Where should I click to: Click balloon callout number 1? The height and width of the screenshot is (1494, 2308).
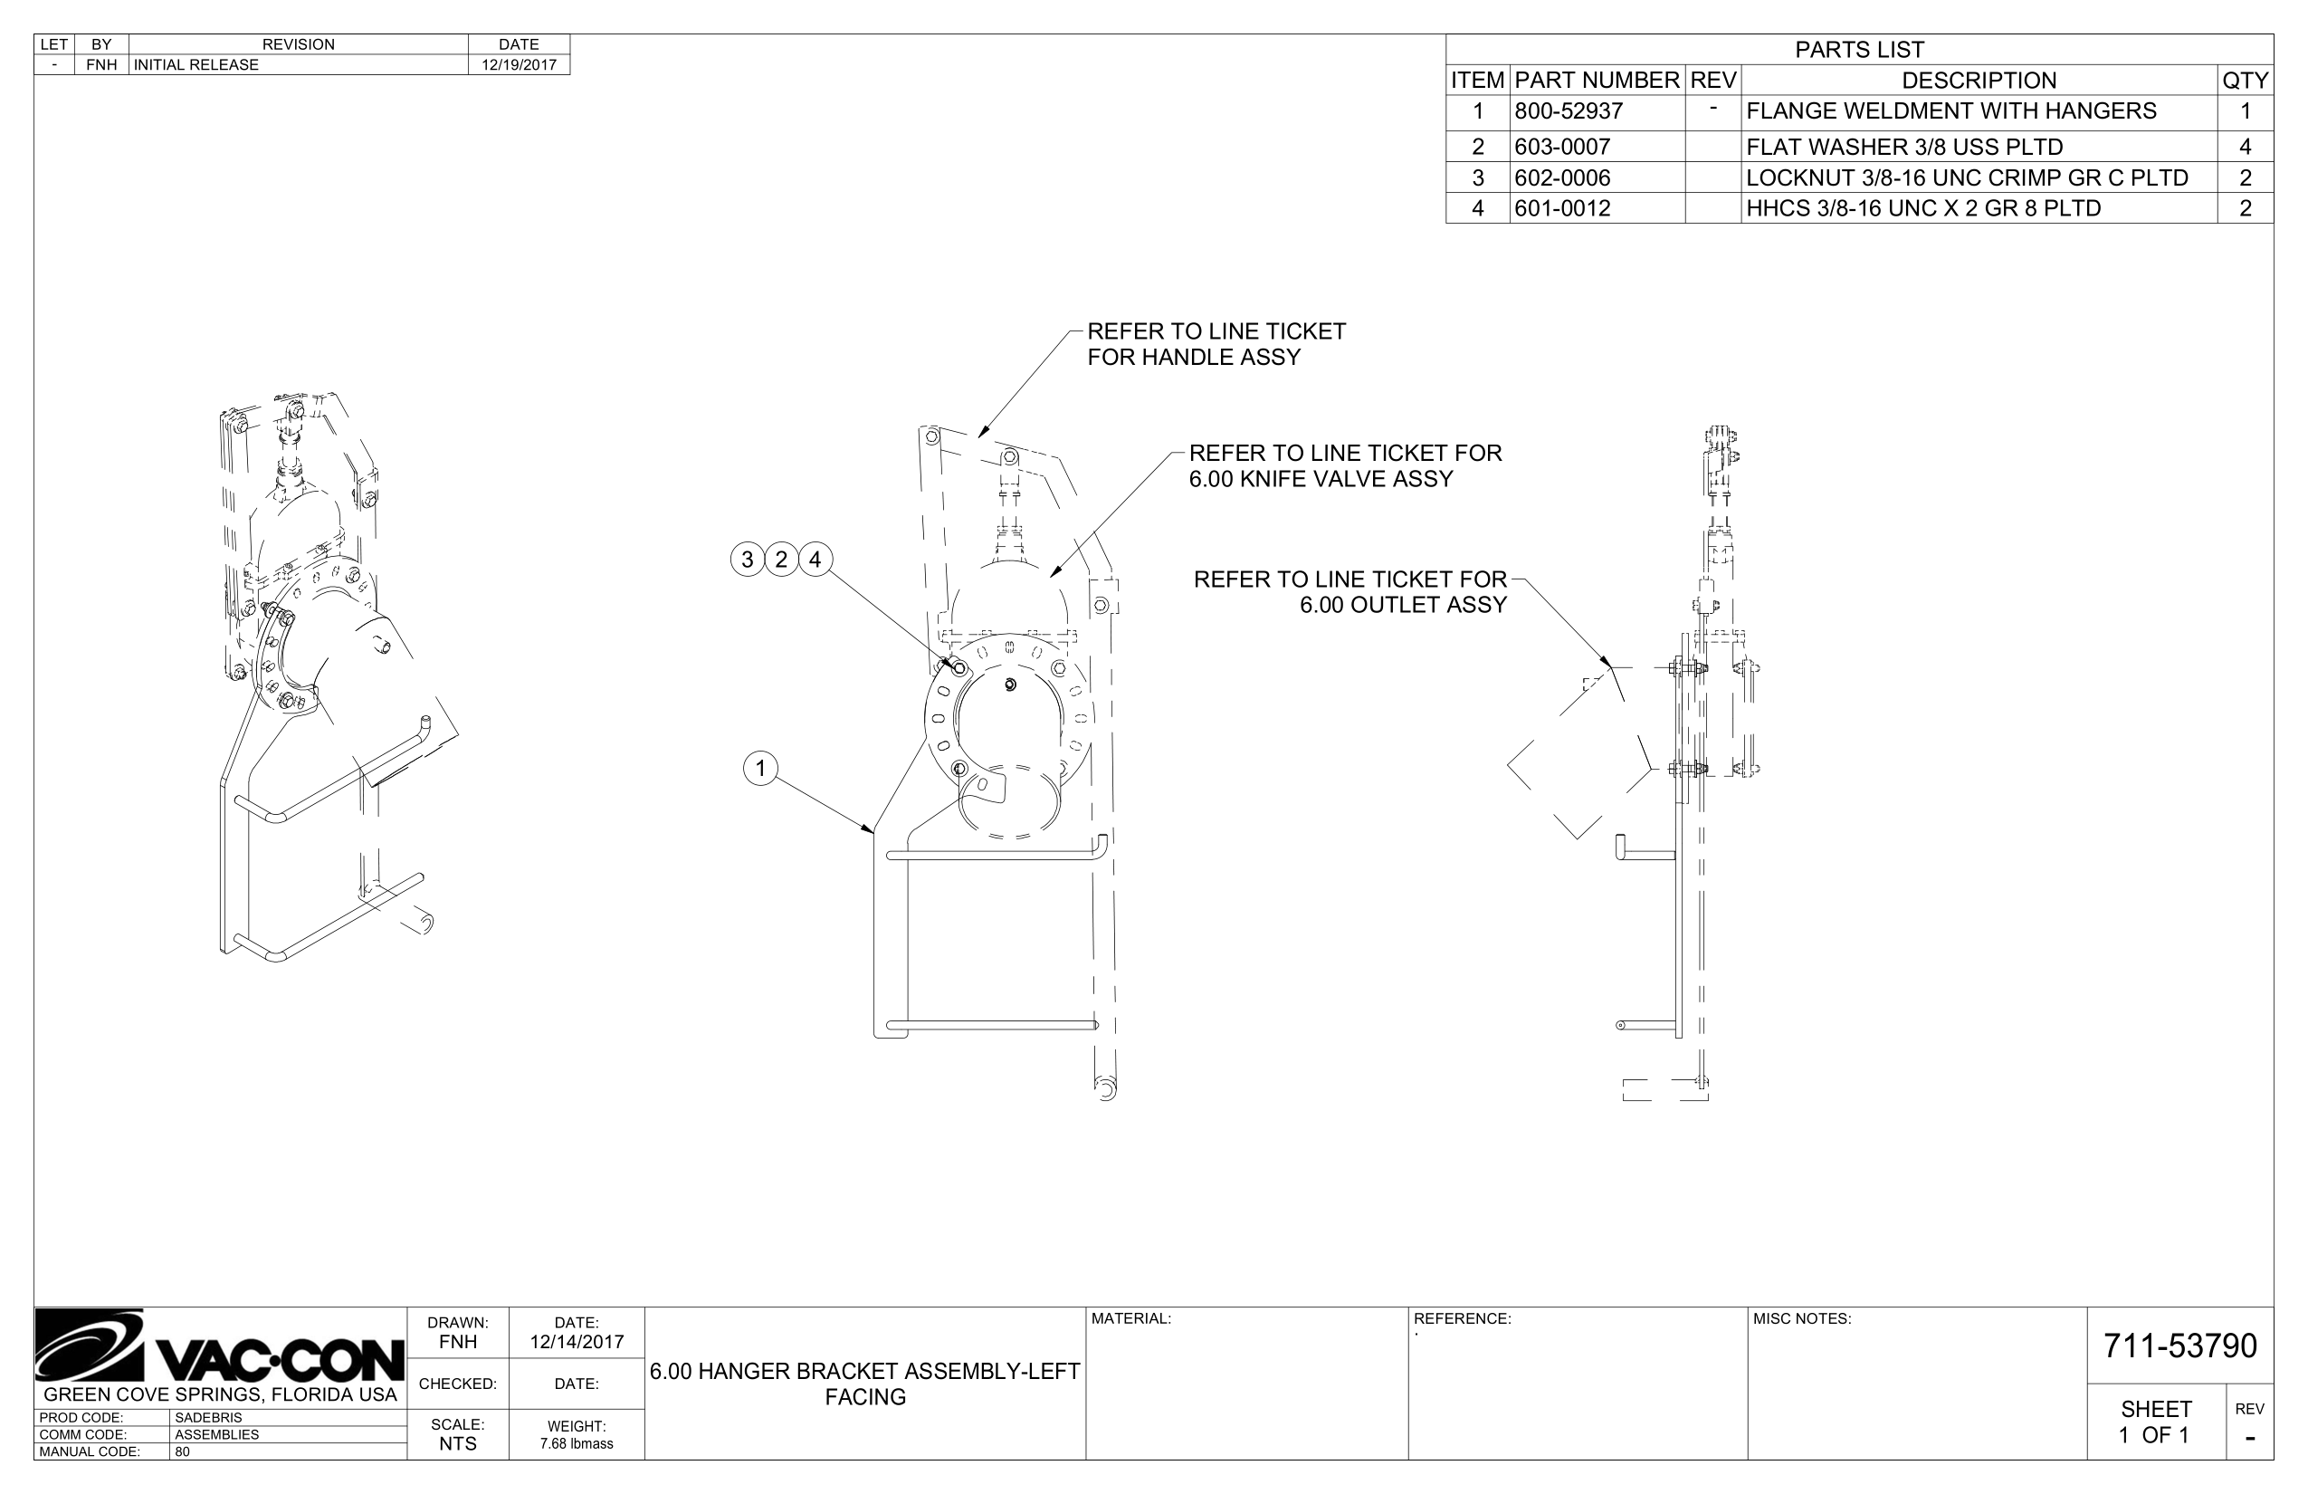760,770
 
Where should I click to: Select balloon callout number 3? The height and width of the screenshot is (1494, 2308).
747,560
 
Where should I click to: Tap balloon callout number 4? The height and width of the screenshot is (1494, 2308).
815,560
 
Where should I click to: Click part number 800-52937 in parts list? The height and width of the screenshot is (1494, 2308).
1568,111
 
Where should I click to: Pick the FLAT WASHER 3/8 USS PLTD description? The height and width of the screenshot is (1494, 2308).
1903,148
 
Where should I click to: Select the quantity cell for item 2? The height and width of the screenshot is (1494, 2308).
2244,148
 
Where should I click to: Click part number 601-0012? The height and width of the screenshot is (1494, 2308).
1561,208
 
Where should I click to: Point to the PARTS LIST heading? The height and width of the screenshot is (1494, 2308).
1858,51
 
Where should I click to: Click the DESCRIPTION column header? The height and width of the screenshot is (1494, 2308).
1979,81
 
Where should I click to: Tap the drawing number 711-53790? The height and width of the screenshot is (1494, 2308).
2179,1346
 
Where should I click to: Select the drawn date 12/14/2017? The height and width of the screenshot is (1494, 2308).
576,1343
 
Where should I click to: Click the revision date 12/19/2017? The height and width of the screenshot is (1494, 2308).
519,65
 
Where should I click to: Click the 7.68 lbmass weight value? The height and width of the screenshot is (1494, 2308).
576,1444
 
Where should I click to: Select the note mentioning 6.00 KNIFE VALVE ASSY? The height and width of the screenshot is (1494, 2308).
1344,466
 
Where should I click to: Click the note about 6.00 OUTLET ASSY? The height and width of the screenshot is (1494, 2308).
1350,593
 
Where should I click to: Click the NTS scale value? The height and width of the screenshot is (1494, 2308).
457,1444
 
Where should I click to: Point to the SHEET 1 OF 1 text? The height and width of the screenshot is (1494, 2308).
2155,1423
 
